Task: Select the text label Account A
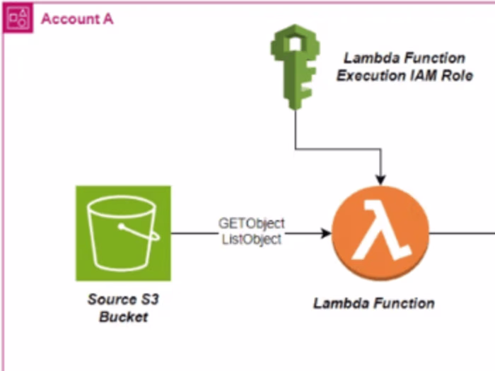[x=77, y=19]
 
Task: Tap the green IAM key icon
[x=293, y=68]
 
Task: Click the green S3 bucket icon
[x=123, y=233]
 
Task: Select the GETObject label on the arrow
[x=251, y=225]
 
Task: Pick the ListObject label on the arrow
[x=251, y=240]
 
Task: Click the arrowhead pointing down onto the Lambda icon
[x=382, y=177]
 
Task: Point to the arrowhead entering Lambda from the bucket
[x=326, y=232]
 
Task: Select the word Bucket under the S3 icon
[x=124, y=317]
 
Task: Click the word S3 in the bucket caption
[x=149, y=300]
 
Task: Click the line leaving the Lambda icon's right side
[x=460, y=232]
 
